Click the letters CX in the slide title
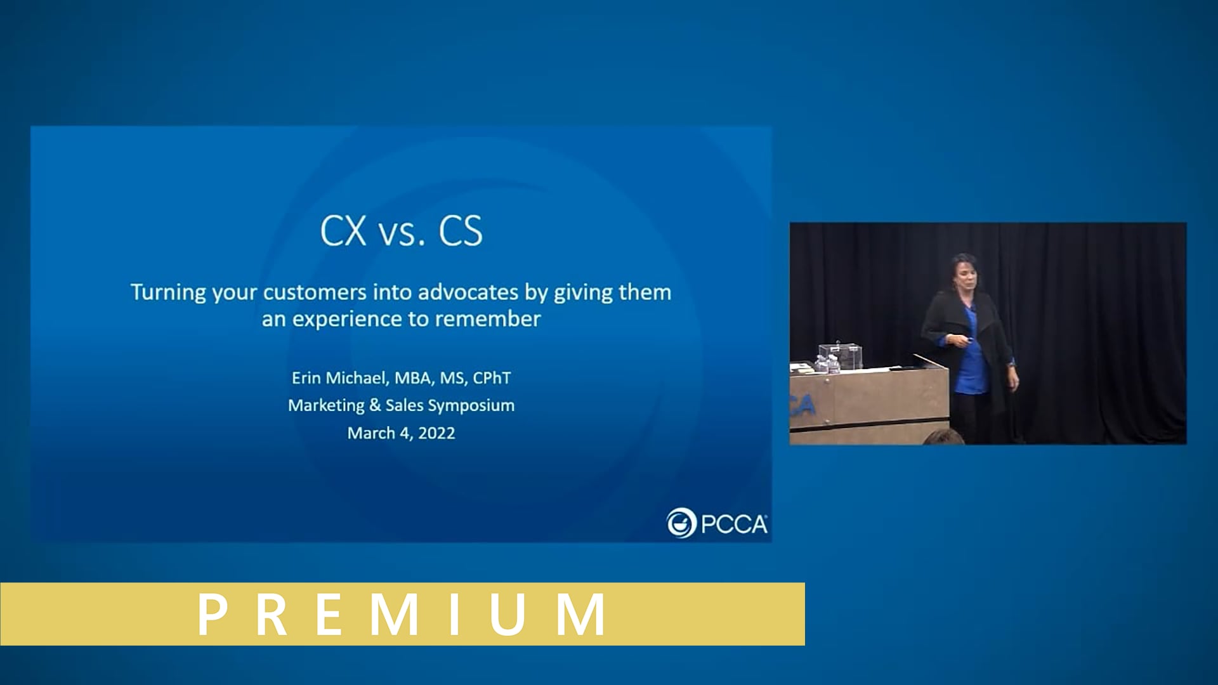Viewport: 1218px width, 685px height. tap(343, 230)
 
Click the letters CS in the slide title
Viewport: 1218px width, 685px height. tap(461, 230)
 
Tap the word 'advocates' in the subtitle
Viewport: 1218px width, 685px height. tap(468, 292)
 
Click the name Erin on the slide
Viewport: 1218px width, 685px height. tap(306, 378)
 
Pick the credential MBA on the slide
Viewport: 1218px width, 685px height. tap(412, 378)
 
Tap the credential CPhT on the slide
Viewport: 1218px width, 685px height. tap(492, 378)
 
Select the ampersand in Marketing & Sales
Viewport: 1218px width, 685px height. tap(375, 405)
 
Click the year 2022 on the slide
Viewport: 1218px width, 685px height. tap(436, 433)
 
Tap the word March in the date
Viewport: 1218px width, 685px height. tap(371, 433)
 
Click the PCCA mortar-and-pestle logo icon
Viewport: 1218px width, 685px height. tap(681, 523)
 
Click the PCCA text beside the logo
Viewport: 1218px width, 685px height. tap(734, 525)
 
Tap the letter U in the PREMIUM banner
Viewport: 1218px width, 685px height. tap(507, 614)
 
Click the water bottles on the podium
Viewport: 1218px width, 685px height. tap(827, 364)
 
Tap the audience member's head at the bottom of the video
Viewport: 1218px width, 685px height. tap(943, 437)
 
